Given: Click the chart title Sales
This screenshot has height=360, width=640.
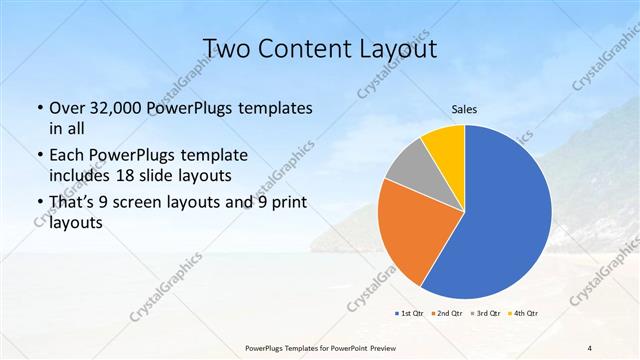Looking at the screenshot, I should (x=464, y=108).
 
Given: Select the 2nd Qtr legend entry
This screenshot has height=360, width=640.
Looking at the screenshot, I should (x=448, y=314).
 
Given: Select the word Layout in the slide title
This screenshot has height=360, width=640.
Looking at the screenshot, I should (x=397, y=49).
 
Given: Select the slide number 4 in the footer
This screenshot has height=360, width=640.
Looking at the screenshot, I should (x=590, y=347).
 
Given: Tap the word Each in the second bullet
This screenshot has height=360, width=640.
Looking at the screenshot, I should (x=68, y=155).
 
